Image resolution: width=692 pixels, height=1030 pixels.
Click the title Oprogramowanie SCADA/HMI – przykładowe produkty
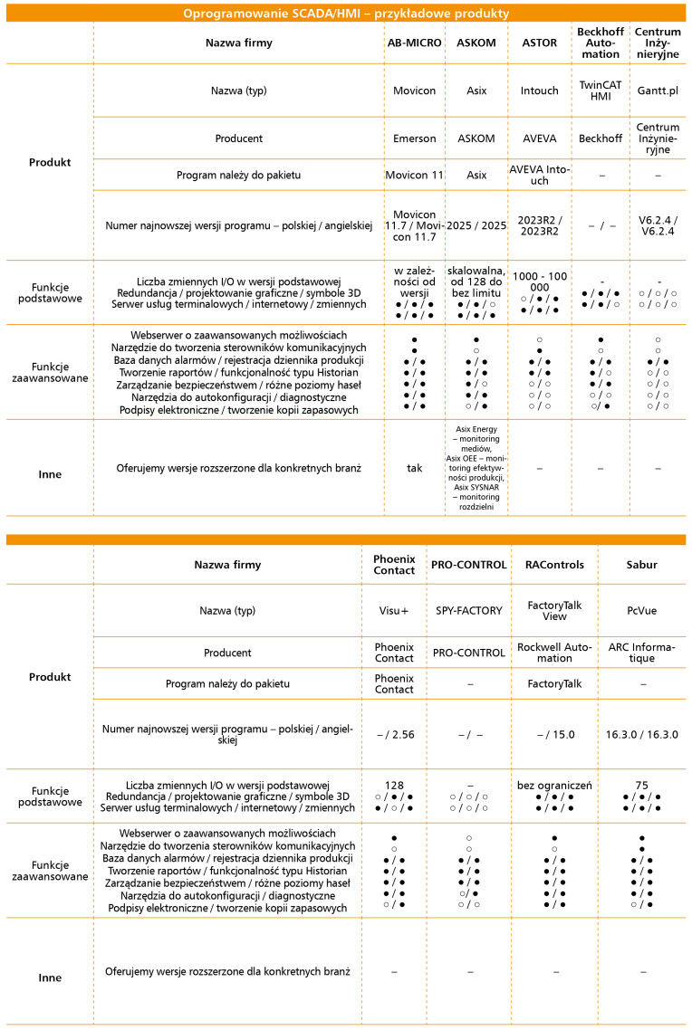click(x=345, y=14)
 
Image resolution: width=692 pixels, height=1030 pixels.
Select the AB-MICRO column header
click(x=415, y=43)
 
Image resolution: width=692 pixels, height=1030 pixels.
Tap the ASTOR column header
click(x=540, y=43)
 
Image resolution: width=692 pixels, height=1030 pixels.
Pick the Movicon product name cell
click(x=415, y=91)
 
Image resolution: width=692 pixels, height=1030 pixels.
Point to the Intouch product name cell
click(x=540, y=91)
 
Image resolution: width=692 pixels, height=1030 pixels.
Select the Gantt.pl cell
click(x=658, y=91)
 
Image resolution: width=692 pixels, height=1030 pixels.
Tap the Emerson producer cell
click(x=415, y=138)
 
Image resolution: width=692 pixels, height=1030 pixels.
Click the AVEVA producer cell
click(x=540, y=138)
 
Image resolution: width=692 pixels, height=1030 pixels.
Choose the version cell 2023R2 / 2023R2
click(x=540, y=224)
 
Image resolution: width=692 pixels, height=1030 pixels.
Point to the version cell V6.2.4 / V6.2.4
click(x=658, y=224)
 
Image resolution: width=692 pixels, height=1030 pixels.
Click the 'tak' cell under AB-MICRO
click(x=415, y=469)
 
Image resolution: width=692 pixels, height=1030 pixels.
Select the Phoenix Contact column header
click(x=393, y=565)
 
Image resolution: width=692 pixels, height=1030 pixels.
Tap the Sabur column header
click(x=641, y=565)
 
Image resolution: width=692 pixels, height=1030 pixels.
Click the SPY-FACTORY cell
click(x=469, y=611)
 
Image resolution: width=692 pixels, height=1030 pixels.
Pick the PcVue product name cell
click(x=641, y=611)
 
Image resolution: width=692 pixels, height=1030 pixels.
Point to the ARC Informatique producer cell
click(x=641, y=653)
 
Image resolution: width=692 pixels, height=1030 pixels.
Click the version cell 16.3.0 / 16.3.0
click(x=641, y=734)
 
